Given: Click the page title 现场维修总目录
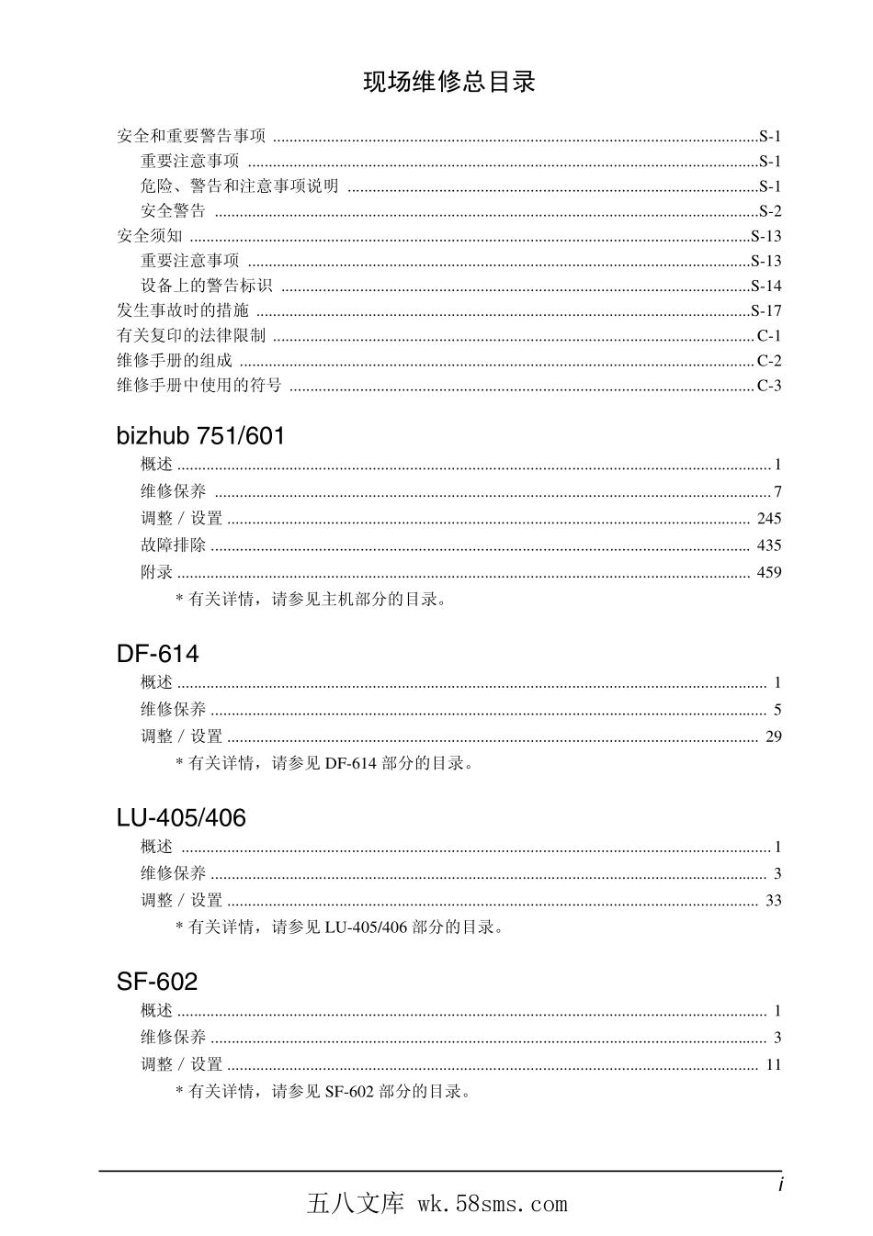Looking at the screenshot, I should point(448,83).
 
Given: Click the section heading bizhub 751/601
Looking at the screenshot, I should point(200,435).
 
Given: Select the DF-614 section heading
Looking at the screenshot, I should point(157,654).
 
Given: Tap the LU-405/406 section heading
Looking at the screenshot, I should point(181,818).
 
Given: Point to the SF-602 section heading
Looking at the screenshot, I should point(157,982).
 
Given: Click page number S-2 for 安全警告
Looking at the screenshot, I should point(770,211).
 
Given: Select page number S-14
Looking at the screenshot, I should point(766,286).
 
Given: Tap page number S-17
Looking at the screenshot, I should point(766,310).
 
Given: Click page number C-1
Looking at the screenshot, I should point(769,336).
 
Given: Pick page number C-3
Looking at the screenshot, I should point(769,386).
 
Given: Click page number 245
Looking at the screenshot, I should point(769,519).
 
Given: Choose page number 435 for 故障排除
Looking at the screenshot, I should point(769,545).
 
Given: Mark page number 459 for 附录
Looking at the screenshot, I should point(769,572).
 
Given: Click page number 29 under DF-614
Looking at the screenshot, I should point(774,736).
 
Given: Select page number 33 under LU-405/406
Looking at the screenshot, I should point(774,901).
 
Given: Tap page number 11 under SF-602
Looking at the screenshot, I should point(774,1065).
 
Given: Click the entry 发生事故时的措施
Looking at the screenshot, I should point(183,310).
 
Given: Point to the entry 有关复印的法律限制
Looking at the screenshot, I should point(191,336).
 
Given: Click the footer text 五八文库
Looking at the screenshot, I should point(356,1204).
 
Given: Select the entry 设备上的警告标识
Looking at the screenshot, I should point(207,286).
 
